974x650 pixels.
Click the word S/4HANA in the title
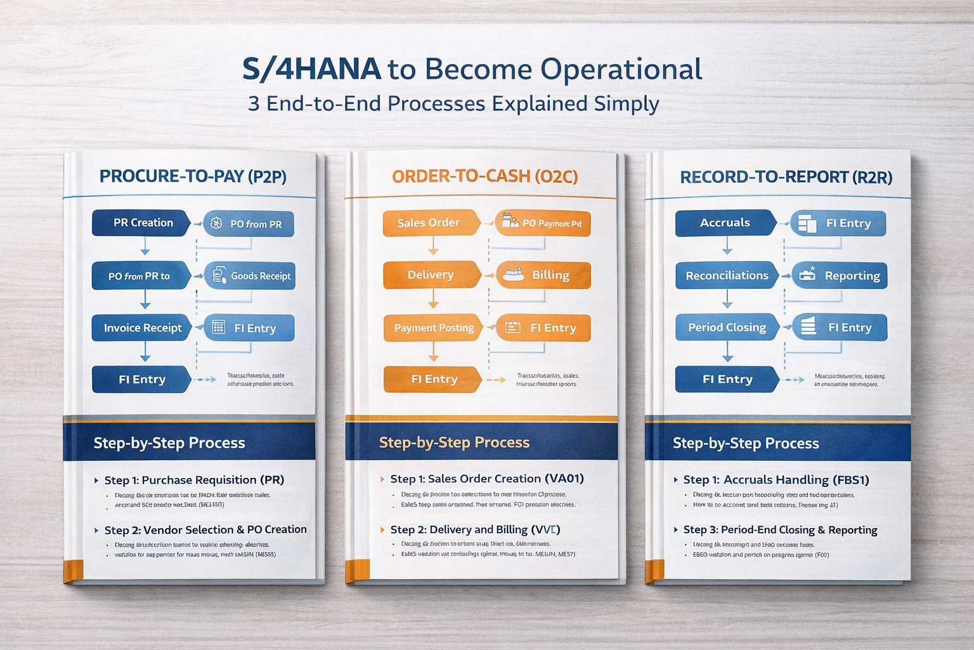coord(311,69)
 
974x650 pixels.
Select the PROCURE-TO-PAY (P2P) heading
coord(193,176)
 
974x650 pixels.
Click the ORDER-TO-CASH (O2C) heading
coord(484,176)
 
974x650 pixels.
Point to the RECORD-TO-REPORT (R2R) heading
coord(786,177)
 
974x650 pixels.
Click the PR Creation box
coord(142,223)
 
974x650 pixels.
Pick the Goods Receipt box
coord(250,275)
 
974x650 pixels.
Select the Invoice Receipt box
coord(142,328)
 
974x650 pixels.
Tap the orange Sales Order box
coord(429,223)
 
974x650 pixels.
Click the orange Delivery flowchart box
coord(431,275)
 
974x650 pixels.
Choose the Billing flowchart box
coord(543,275)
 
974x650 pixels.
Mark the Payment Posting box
coord(434,328)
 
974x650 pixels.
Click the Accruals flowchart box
coord(725,223)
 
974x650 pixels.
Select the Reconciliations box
coord(727,275)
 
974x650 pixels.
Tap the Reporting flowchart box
coord(840,275)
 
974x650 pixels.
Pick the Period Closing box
coord(727,328)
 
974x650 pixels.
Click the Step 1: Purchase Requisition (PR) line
coord(194,480)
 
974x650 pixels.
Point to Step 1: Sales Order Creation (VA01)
coord(486,479)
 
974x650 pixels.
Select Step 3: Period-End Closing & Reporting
coord(780,529)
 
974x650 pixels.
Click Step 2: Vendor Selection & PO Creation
coord(205,529)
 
